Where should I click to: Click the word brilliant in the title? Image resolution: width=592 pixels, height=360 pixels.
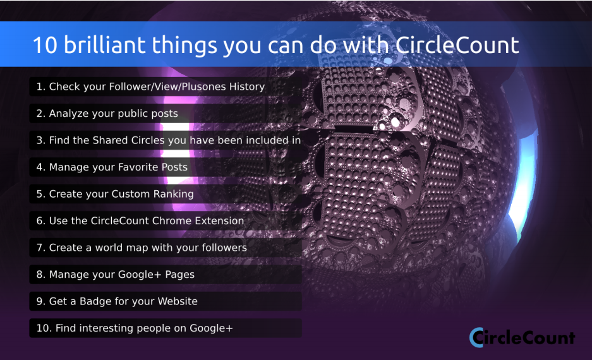tap(104, 45)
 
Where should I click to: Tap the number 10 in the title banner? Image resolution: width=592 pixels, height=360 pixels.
tap(45, 45)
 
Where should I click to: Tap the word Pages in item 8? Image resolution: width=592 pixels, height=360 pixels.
tap(179, 275)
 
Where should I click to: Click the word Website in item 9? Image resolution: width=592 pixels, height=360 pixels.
tap(178, 301)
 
